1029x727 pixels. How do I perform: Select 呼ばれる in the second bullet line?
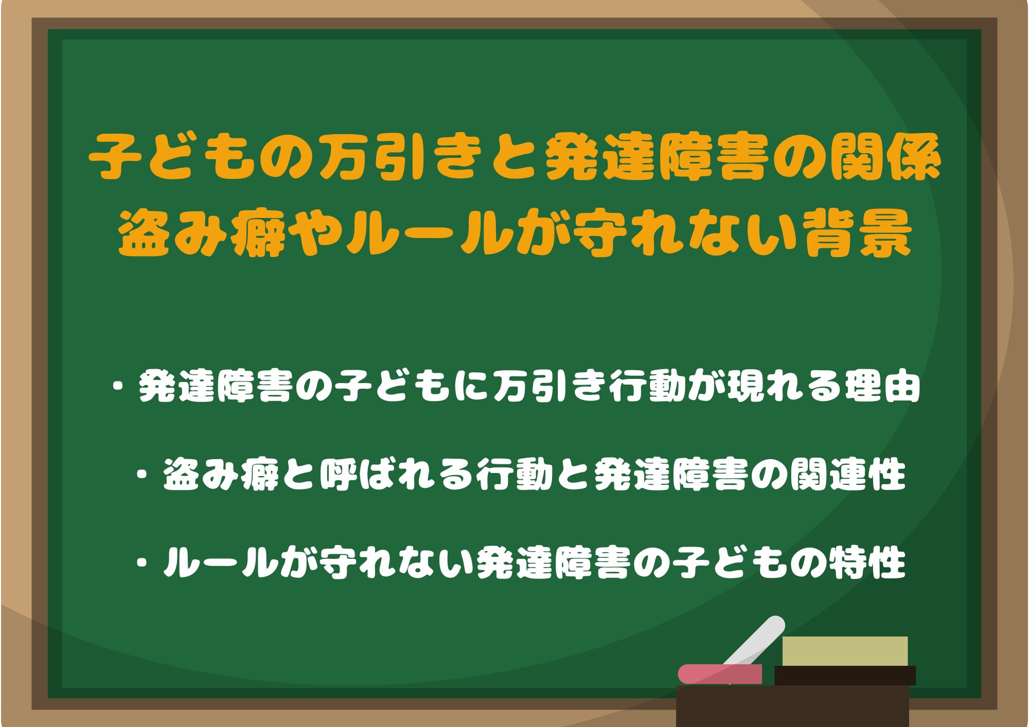click(x=396, y=474)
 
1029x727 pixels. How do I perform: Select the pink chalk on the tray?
click(x=720, y=674)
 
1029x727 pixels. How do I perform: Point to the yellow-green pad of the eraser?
click(x=845, y=651)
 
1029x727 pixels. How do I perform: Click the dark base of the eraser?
click(x=845, y=676)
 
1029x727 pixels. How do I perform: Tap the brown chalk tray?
click(x=792, y=705)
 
